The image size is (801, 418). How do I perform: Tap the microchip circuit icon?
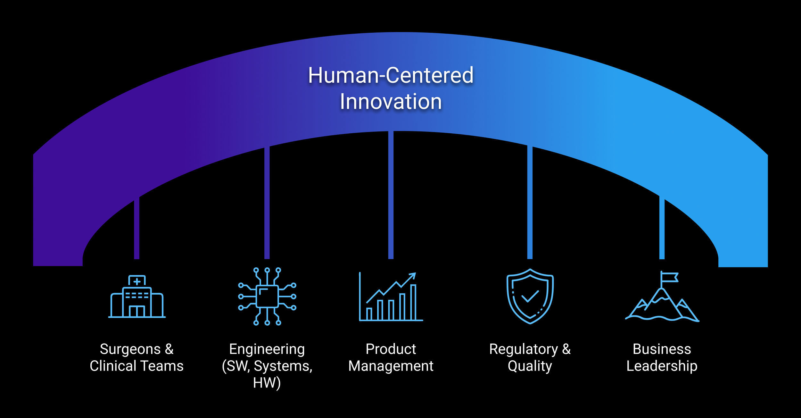coord(267,297)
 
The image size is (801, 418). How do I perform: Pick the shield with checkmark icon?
coord(530,296)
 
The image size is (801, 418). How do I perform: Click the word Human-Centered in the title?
coord(391,75)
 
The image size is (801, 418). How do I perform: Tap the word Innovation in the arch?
coord(391,102)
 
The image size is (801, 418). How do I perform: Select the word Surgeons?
coord(130,349)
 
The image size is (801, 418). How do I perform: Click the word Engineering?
coord(267,349)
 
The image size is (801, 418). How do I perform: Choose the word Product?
coord(391,349)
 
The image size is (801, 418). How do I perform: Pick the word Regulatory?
coord(523,349)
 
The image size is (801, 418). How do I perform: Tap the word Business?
coord(662,349)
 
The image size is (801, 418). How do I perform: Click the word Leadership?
coord(662,366)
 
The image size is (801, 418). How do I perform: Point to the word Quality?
coord(530,366)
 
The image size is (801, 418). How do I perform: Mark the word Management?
coord(391,366)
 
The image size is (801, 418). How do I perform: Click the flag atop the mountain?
coord(670,277)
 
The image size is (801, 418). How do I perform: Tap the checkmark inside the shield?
coord(530,296)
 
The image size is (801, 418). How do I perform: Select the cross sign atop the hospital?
coord(137,281)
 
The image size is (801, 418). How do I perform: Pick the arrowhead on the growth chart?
coord(413,275)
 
